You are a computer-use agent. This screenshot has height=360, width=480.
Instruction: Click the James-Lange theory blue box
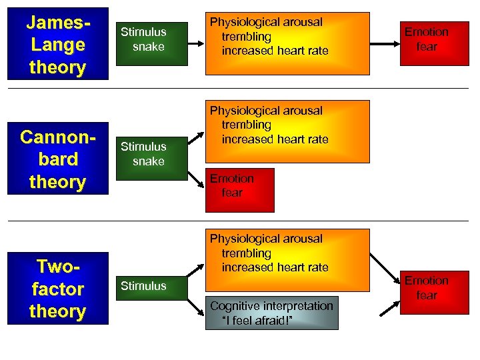57,44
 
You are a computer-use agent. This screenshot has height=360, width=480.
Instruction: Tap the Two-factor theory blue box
57,288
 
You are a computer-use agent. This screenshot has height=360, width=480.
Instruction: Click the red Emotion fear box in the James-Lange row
427,39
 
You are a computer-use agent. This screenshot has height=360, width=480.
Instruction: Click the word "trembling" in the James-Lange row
246,37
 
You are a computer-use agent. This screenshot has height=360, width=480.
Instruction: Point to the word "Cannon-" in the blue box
57,137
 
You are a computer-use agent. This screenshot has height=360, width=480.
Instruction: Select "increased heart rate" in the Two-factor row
275,267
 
